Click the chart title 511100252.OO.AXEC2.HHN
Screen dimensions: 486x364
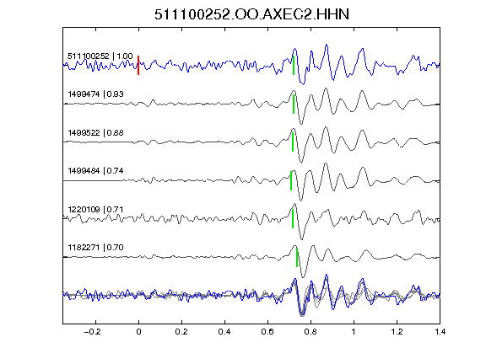coord(251,14)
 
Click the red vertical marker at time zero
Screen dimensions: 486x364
coord(138,65)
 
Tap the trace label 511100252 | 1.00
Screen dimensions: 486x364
coord(100,56)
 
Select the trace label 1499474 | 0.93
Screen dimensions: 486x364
coord(95,94)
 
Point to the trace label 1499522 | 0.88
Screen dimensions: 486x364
coord(95,133)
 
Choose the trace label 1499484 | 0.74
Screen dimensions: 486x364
coord(95,171)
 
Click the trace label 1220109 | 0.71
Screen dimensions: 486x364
coord(95,210)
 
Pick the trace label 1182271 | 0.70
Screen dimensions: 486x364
coord(95,248)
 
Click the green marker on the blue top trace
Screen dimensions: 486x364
coord(294,65)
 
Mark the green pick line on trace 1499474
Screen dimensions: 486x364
coord(294,104)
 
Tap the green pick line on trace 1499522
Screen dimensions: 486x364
coord(293,142)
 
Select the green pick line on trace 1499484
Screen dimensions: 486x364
coord(291,180)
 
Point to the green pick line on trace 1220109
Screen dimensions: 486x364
coord(293,218)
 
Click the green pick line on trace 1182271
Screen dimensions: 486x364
coord(297,257)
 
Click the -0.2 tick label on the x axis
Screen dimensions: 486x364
coord(92,332)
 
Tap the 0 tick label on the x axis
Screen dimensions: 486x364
coord(138,332)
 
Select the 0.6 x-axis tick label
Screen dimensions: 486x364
coord(267,332)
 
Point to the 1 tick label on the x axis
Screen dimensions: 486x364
coord(354,332)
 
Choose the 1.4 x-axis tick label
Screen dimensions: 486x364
coord(440,332)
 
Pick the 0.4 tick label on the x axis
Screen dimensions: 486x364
coord(224,332)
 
